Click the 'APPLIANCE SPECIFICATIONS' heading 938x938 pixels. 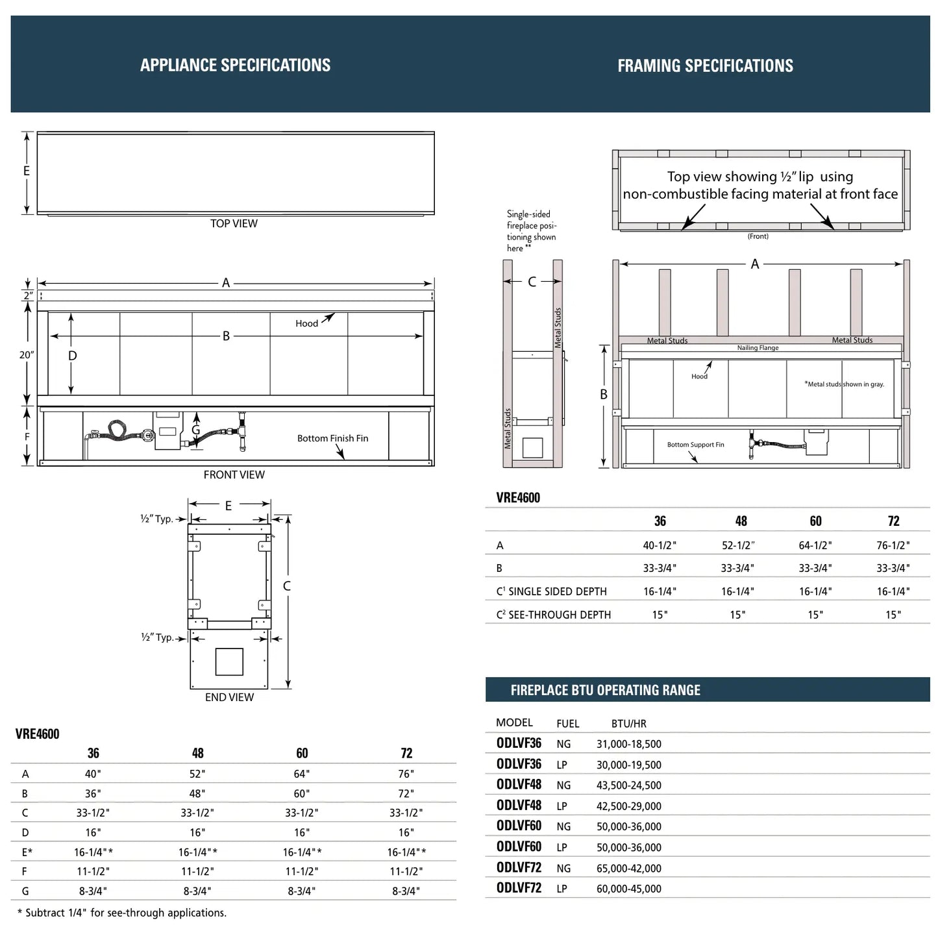click(235, 65)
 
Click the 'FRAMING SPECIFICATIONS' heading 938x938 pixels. click(705, 66)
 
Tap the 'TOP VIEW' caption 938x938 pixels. click(234, 223)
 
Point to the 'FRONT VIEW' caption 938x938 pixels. click(234, 475)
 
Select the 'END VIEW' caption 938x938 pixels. click(229, 697)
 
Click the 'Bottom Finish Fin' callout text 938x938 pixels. click(332, 438)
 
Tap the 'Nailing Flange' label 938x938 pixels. click(758, 347)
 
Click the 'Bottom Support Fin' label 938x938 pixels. click(695, 445)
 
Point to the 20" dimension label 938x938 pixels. click(26, 355)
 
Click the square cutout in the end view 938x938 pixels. click(229, 661)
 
